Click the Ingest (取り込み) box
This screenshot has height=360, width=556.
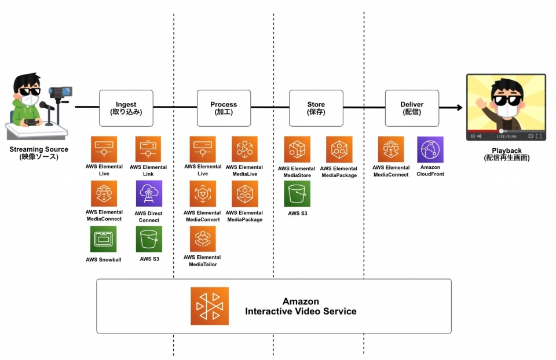[x=126, y=108]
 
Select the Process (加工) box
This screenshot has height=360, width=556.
[x=224, y=108]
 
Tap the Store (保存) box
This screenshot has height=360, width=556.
[x=316, y=108]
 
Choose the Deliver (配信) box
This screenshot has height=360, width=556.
[x=412, y=108]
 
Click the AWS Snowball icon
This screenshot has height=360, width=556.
[x=104, y=239]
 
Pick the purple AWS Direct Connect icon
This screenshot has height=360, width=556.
[x=149, y=194]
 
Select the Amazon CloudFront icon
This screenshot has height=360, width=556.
[x=430, y=150]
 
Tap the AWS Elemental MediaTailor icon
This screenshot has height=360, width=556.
[x=202, y=239]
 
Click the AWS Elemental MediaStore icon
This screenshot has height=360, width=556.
[x=297, y=150]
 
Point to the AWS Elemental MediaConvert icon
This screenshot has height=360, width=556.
[x=202, y=194]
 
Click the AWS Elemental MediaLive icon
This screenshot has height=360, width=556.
[x=244, y=150]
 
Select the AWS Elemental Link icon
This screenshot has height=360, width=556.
[x=149, y=150]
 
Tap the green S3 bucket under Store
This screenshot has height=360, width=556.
[x=297, y=194]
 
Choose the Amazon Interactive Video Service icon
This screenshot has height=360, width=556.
[x=210, y=306]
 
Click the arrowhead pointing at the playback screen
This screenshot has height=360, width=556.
[x=459, y=108]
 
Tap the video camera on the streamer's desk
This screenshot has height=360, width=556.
[x=60, y=93]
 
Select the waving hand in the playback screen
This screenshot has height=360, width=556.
[x=480, y=105]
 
